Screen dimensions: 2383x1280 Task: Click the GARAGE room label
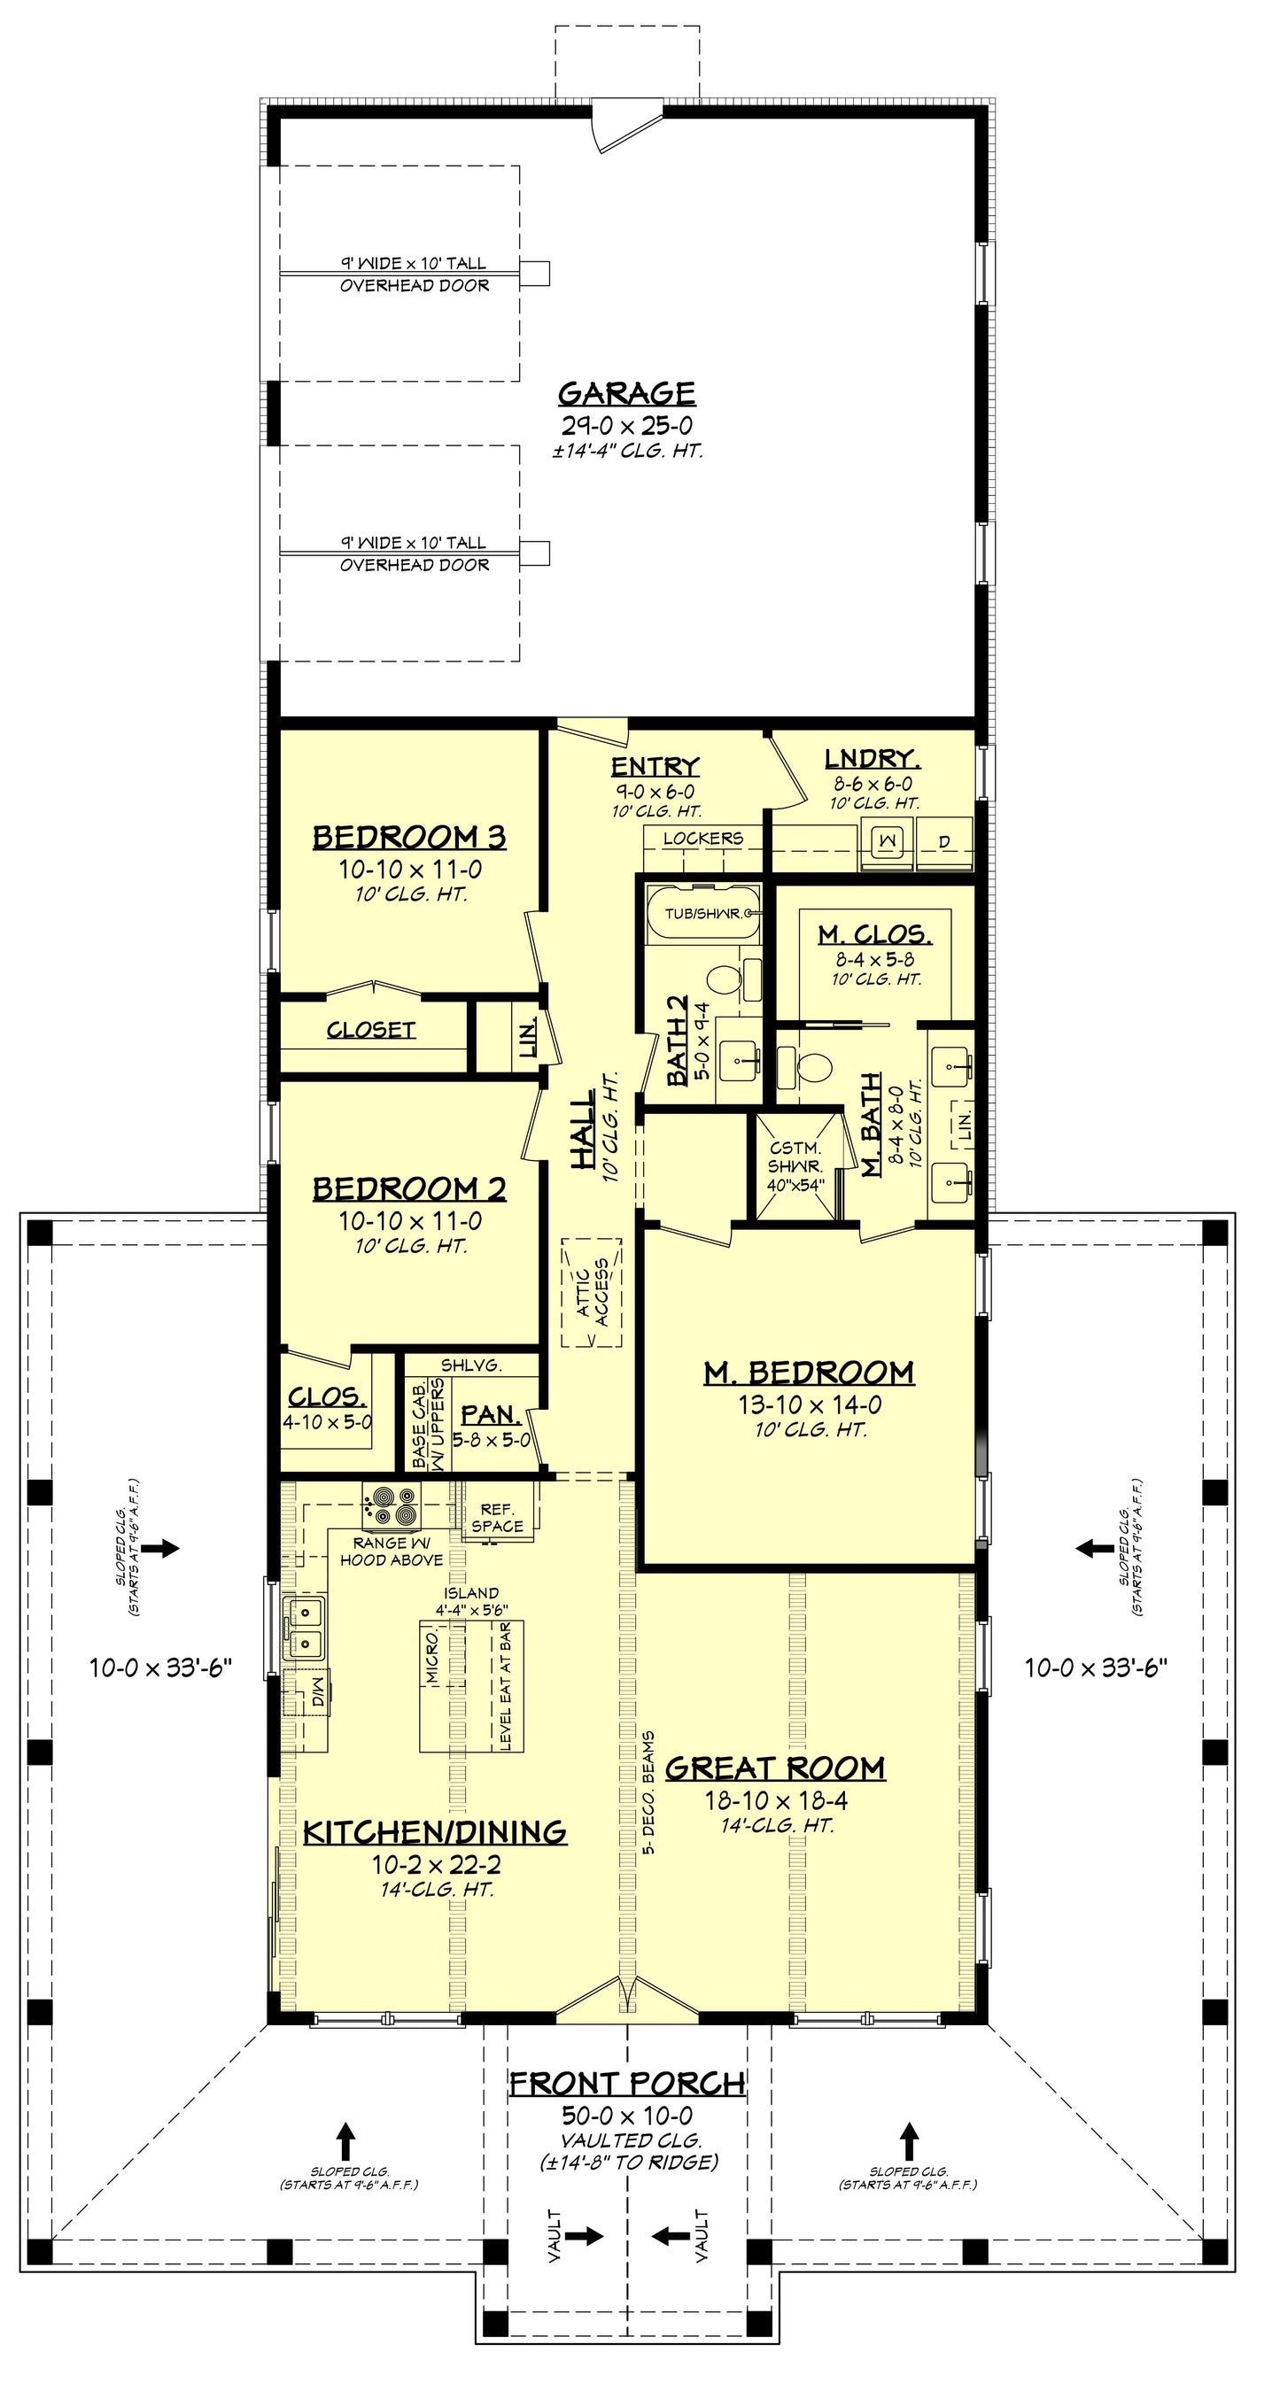[x=625, y=393]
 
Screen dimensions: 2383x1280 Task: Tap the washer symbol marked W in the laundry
[x=888, y=841]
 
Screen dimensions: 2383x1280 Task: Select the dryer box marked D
[x=944, y=843]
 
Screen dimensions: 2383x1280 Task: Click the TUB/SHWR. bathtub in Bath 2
[x=702, y=914]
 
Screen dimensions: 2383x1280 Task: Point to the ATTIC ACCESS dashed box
[x=592, y=1292]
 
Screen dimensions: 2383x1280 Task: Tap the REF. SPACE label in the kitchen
[x=497, y=1518]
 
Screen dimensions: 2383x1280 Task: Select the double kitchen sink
[x=305, y=1625]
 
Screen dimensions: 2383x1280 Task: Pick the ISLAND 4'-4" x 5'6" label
[x=471, y=1601]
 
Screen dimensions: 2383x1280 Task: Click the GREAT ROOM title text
[x=775, y=1768]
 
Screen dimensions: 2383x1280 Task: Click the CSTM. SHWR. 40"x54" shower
[x=795, y=1167]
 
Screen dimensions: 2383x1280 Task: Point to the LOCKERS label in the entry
[x=702, y=838]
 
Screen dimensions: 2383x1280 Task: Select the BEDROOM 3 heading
[x=409, y=837]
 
